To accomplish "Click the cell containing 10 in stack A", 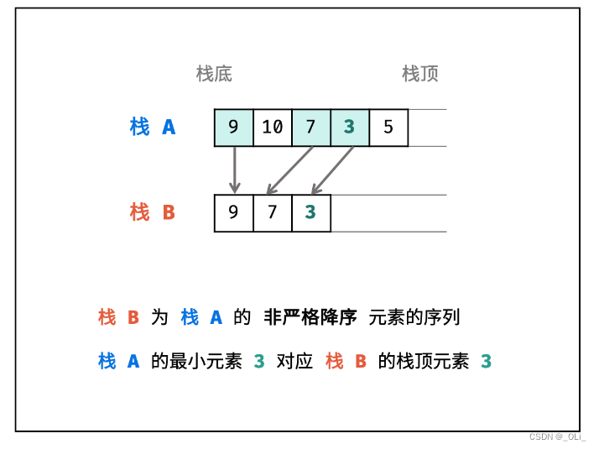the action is pyautogui.click(x=273, y=128).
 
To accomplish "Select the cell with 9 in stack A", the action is pyautogui.click(x=233, y=128).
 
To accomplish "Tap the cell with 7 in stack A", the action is pyautogui.click(x=310, y=128).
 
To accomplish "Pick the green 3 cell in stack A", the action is pyautogui.click(x=349, y=128).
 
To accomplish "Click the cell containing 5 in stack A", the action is pyautogui.click(x=388, y=128).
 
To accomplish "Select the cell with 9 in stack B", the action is pyautogui.click(x=233, y=212).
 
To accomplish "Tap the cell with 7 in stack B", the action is pyautogui.click(x=272, y=212).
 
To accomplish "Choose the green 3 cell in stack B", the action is pyautogui.click(x=310, y=212).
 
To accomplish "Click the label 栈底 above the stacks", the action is pyautogui.click(x=214, y=74).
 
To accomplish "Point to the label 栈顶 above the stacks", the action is pyautogui.click(x=420, y=74).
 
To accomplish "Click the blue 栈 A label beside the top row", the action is pyautogui.click(x=153, y=128).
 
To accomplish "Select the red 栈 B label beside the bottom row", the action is pyautogui.click(x=153, y=212).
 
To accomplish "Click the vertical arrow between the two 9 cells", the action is pyautogui.click(x=234, y=170).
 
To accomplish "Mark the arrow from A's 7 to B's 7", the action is pyautogui.click(x=289, y=170).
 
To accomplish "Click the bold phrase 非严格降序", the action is pyautogui.click(x=310, y=317).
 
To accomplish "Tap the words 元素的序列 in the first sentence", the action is pyautogui.click(x=414, y=317).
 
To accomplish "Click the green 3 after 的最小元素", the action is pyautogui.click(x=259, y=362).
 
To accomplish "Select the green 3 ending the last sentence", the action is pyautogui.click(x=486, y=362).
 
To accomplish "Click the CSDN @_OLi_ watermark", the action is pyautogui.click(x=558, y=437).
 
